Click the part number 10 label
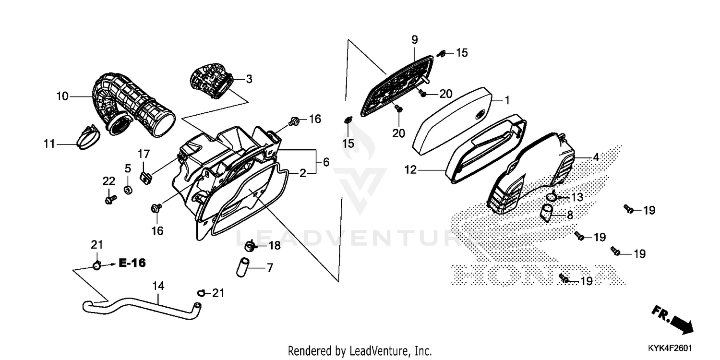click(62, 96)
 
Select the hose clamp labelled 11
click(88, 138)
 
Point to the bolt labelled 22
click(110, 198)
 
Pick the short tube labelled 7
click(242, 267)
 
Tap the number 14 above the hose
click(158, 286)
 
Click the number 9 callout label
click(415, 39)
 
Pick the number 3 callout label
click(249, 79)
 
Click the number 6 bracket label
click(326, 162)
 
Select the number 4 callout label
click(596, 157)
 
